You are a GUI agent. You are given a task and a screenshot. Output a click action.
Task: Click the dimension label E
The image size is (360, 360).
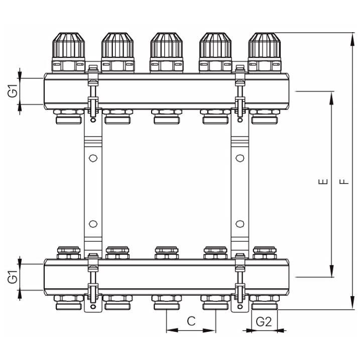(x=323, y=182)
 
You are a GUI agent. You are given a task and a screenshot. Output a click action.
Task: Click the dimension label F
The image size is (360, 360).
(x=344, y=182)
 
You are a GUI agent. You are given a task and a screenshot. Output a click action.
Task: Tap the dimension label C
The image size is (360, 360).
(x=191, y=321)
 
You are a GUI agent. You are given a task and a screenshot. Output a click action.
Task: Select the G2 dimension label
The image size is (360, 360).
(x=264, y=322)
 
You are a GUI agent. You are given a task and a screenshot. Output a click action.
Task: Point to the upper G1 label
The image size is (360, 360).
(x=13, y=91)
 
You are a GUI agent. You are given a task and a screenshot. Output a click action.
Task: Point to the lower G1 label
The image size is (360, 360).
(x=13, y=277)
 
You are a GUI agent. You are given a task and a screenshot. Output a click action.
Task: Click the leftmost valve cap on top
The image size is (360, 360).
(x=69, y=45)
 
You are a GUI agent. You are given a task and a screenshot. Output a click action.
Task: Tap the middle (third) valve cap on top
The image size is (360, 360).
(x=167, y=45)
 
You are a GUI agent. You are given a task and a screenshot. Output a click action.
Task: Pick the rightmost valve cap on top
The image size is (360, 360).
(x=265, y=45)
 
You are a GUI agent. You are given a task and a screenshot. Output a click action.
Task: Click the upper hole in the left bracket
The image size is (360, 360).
(x=93, y=158)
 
